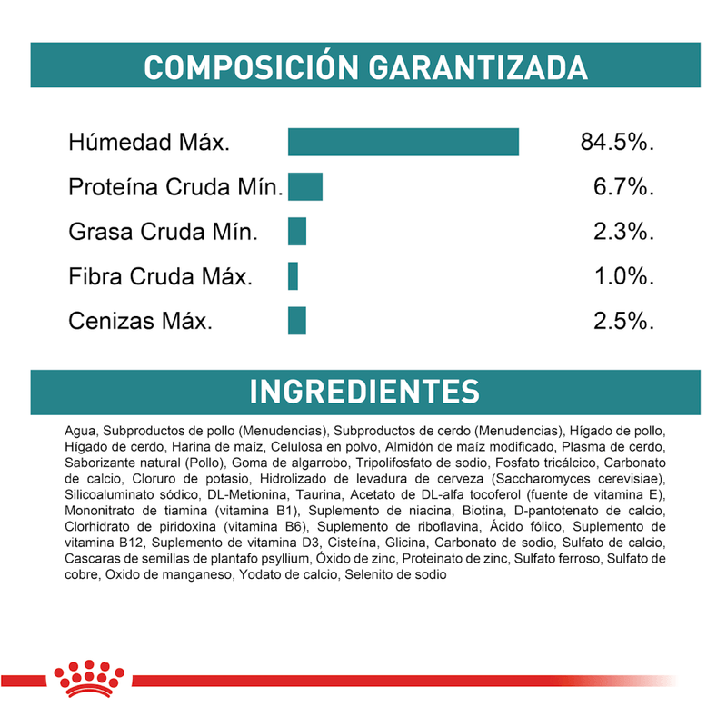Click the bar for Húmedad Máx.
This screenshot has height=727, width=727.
coord(403,143)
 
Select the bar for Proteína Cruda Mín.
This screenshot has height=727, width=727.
coord(305,187)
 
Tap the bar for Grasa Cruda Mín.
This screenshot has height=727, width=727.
coord(297,232)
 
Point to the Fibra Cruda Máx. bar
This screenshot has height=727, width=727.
coord(293,276)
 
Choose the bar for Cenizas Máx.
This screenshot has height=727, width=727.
coord(297,321)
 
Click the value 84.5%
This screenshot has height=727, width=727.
coord(616,143)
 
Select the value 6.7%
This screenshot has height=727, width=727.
coord(622,187)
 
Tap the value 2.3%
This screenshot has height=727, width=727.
coord(622,232)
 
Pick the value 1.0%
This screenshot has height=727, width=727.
coord(622,276)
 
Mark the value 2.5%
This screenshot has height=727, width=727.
coord(622,321)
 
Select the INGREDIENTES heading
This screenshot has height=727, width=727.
coord(363,392)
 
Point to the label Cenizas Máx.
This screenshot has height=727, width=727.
coord(141,321)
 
